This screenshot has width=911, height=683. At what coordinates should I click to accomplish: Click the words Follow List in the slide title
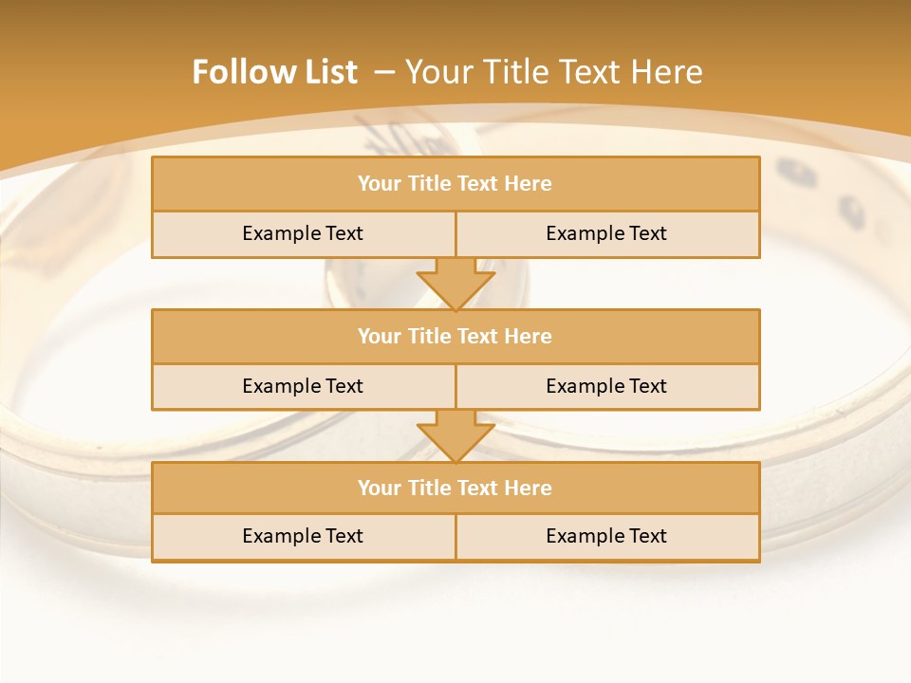coord(274,72)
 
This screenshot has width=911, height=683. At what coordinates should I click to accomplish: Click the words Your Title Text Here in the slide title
coord(553,72)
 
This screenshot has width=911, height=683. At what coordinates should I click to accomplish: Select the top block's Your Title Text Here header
coord(455,184)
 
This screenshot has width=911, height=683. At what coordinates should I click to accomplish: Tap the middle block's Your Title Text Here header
coord(455,337)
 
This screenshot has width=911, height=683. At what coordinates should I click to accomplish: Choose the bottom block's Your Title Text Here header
coord(455,489)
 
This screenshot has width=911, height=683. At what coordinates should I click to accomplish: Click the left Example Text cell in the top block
coord(303,234)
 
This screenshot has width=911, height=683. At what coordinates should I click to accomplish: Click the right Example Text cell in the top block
coord(606,234)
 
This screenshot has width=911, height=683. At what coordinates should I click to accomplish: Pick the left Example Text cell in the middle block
coord(303,387)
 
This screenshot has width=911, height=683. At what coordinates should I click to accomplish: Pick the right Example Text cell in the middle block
coord(606,387)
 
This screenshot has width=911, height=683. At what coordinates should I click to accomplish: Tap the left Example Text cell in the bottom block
coord(303,537)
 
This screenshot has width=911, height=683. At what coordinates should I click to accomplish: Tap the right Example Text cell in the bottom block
coord(606,537)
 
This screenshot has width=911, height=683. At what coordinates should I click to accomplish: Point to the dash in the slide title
coord(384,72)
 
